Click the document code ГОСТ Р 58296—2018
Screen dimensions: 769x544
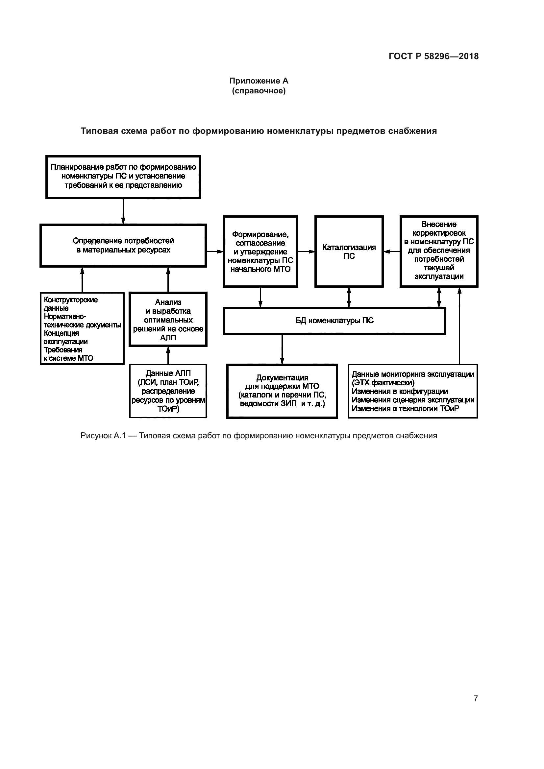tap(433, 56)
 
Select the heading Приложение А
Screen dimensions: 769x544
tap(259, 81)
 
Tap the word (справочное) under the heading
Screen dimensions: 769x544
tap(259, 91)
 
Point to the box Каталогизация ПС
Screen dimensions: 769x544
tap(349, 252)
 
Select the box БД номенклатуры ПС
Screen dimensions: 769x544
tap(334, 321)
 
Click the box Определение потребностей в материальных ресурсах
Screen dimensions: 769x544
tap(123, 246)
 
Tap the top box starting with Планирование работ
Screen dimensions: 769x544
tap(123, 177)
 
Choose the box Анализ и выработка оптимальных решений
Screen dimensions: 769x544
tap(168, 320)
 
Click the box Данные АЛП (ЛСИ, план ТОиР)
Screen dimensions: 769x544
tap(168, 391)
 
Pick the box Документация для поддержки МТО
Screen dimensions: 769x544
tap(282, 391)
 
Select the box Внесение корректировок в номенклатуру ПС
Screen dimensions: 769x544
tap(439, 251)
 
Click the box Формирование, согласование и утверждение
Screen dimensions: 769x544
tap(260, 252)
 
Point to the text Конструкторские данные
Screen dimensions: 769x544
tap(71, 304)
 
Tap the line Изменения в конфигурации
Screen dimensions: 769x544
tap(400, 391)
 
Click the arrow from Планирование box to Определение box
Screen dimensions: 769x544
tap(123, 211)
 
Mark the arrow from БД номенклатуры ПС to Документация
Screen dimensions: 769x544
tap(282, 349)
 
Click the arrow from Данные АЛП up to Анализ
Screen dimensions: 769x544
tap(168, 355)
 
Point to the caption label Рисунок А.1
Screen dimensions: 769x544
tap(103, 435)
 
